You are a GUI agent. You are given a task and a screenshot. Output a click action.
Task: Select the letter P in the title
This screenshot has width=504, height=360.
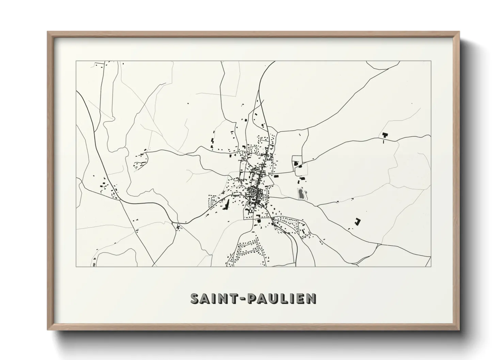[x=253, y=298]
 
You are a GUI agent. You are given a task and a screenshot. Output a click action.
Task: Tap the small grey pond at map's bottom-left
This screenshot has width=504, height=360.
[x=93, y=264]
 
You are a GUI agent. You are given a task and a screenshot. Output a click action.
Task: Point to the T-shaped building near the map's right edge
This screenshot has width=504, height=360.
[x=385, y=135]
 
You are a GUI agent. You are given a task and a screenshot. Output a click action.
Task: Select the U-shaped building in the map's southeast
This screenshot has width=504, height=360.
[x=357, y=222]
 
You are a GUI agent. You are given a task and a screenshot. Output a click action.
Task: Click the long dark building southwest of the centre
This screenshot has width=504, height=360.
[x=226, y=205]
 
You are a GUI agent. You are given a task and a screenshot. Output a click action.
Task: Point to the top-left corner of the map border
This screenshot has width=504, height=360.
[x=76, y=61]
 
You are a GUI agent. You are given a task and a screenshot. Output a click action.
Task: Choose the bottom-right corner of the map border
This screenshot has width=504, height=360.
[x=431, y=266]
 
